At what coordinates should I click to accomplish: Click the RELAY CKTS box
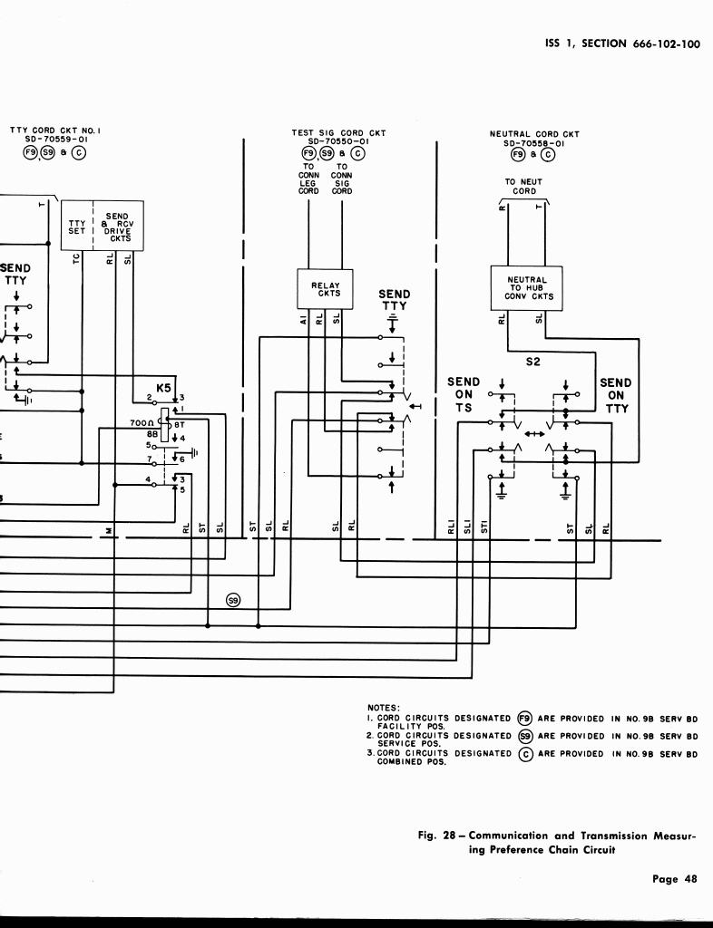[325, 289]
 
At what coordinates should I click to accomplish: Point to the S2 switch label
[532, 362]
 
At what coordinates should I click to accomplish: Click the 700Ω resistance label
[142, 423]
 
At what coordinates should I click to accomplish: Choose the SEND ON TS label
[464, 395]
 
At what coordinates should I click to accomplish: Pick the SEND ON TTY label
[616, 395]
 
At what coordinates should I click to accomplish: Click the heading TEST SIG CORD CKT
[338, 133]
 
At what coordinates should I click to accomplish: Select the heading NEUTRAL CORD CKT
[534, 134]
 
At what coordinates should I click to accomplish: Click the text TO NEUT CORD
[523, 187]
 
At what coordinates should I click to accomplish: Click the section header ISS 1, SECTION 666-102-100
[621, 44]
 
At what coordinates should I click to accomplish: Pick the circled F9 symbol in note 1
[524, 719]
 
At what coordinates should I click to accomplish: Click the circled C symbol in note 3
[524, 753]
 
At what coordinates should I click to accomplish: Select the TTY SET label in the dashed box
[77, 227]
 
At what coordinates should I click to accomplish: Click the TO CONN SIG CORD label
[342, 179]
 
